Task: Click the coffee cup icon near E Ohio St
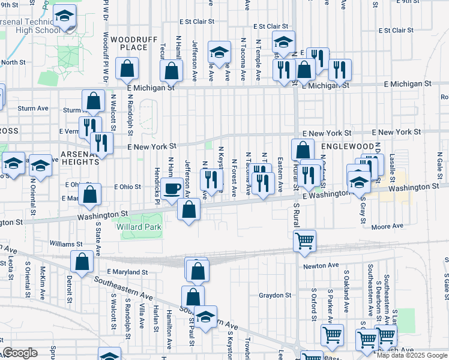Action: coord(172,188)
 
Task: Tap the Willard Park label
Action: coord(142,227)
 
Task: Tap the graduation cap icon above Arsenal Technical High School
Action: coord(65,18)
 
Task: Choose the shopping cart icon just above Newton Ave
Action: coord(305,241)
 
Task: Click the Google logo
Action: coord(20,353)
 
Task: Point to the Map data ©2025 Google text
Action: coord(412,355)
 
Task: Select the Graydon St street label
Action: coord(274,295)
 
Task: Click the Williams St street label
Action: coord(66,244)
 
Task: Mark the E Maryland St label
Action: coord(127,272)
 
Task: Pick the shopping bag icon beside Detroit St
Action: coord(82,262)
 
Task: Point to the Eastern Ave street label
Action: coord(280,175)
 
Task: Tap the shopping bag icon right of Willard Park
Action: coord(189,210)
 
